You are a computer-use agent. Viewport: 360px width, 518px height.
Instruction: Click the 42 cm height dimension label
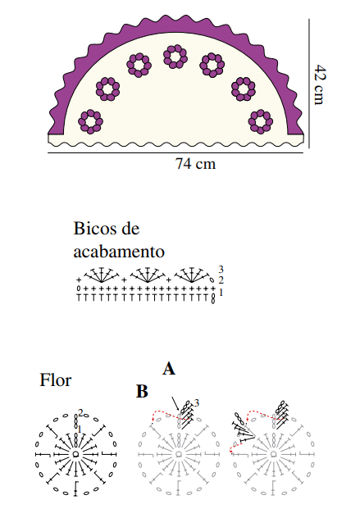(x=320, y=84)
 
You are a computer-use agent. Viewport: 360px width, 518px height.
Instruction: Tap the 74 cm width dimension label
(x=195, y=164)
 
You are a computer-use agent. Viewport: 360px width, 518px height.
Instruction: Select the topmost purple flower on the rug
(x=175, y=57)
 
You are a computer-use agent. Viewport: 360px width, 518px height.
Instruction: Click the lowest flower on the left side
(x=90, y=121)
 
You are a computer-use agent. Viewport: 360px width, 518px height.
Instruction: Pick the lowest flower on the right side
(x=261, y=121)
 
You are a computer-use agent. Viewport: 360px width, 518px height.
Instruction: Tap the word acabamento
(x=119, y=252)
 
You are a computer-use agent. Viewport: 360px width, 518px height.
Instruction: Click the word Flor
(x=55, y=380)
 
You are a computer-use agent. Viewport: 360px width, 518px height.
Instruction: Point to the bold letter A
(x=169, y=369)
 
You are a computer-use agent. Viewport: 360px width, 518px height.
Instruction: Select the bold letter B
(x=142, y=392)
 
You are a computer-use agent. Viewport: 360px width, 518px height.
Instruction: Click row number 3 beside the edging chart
(x=221, y=270)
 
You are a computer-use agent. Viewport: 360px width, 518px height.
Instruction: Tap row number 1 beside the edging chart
(x=221, y=292)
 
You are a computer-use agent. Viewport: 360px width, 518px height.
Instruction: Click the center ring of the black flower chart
(x=75, y=454)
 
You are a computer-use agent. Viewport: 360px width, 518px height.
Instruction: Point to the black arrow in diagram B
(x=175, y=404)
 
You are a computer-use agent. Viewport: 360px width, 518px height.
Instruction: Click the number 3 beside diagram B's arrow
(x=197, y=402)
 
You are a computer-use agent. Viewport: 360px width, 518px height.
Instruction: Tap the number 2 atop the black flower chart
(x=80, y=412)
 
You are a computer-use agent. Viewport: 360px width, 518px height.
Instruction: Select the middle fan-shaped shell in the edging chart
(x=147, y=275)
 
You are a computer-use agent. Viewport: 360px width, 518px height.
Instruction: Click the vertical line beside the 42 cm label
(x=309, y=84)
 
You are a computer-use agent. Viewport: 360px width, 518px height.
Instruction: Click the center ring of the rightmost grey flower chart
(x=273, y=454)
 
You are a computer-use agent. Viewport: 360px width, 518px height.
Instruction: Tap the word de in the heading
(x=130, y=229)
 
